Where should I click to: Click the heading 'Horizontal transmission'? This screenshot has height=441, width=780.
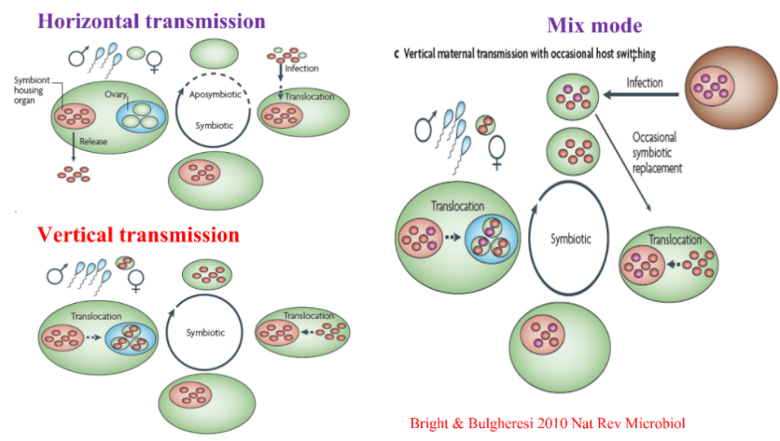point(151,20)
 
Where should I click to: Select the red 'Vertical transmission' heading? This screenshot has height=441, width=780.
point(138,234)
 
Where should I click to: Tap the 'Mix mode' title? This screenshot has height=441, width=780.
point(594,25)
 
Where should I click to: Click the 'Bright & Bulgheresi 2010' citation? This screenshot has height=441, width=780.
point(547,423)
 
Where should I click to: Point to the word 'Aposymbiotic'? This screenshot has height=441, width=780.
point(215,94)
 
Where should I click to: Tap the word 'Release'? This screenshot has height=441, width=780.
point(92,140)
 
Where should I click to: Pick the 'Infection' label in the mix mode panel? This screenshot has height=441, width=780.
point(644,83)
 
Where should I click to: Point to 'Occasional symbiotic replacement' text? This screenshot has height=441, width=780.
point(657,152)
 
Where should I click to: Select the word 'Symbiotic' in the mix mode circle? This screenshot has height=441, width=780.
point(571,239)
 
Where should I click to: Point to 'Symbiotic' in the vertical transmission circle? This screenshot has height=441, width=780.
point(205,332)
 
